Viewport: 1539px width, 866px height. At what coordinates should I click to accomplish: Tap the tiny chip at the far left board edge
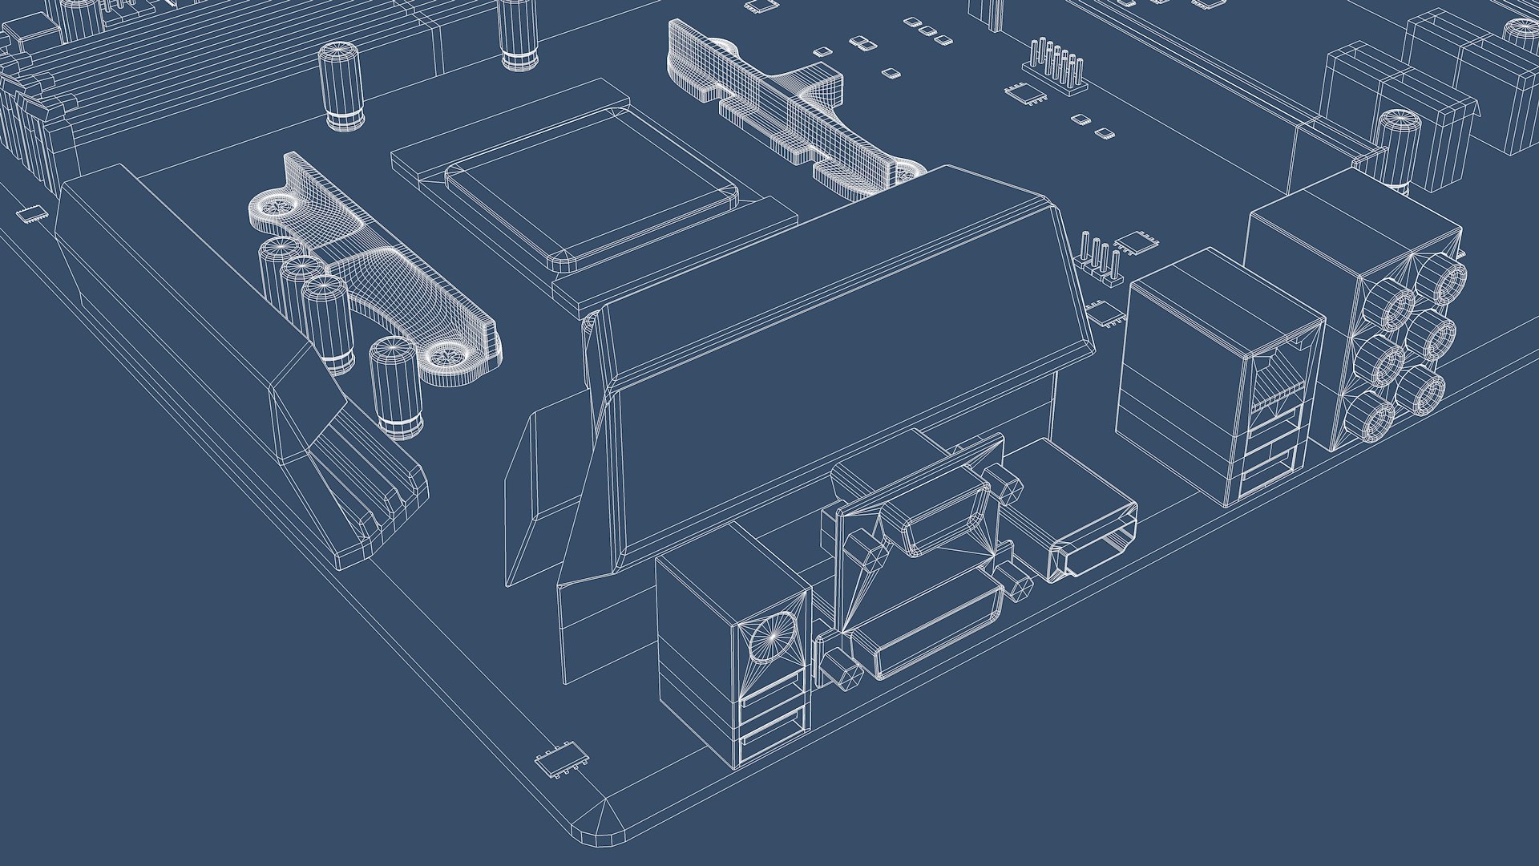[32, 213]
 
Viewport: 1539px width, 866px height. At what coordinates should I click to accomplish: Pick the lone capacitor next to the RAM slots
[342, 86]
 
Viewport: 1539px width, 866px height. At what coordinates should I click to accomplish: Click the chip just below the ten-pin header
[1026, 93]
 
